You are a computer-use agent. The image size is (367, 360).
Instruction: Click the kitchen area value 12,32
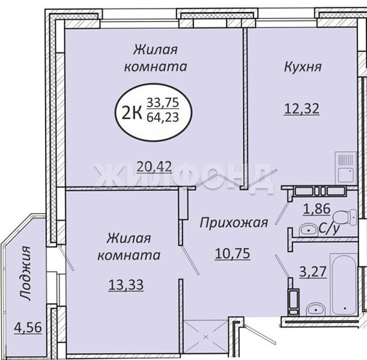(302, 109)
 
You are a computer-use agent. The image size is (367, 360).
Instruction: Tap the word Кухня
(303, 67)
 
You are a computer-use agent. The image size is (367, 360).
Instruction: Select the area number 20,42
(154, 167)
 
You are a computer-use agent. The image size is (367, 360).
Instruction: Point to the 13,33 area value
(126, 285)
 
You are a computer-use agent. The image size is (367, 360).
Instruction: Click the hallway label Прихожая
(234, 223)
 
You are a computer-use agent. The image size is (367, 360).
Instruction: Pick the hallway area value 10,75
(232, 254)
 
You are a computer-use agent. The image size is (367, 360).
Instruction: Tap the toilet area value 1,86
(317, 208)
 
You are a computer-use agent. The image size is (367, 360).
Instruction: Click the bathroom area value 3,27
(313, 272)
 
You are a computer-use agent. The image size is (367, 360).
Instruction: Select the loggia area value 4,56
(28, 328)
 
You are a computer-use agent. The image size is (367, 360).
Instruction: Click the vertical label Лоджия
(25, 273)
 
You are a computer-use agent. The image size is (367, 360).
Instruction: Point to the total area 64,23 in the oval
(163, 117)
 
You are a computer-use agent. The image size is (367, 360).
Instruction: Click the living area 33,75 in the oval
(163, 103)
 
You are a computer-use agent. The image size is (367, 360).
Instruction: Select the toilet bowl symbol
(345, 217)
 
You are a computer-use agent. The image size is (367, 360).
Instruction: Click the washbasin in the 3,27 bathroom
(316, 309)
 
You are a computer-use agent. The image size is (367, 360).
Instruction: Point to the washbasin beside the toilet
(309, 230)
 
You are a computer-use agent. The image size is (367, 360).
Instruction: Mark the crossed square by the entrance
(206, 337)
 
